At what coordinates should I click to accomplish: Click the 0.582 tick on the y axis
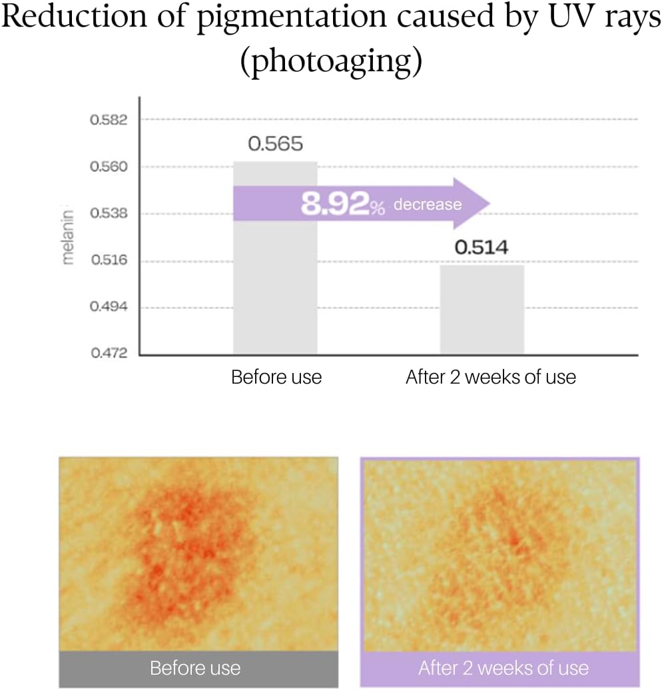tap(108, 120)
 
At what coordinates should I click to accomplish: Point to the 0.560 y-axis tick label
tap(108, 167)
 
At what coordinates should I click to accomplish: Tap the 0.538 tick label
tap(108, 214)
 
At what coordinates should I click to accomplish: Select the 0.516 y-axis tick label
tap(108, 260)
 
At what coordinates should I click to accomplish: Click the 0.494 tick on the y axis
tap(108, 307)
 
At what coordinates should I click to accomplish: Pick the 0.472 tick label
tap(108, 353)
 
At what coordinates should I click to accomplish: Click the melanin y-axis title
tap(67, 237)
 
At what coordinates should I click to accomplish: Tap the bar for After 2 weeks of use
tap(482, 309)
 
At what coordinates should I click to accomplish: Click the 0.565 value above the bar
tap(275, 144)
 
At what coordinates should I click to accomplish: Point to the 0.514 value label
tap(482, 248)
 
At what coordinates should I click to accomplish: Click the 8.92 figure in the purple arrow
tap(335, 204)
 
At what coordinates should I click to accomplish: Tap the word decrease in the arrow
tap(427, 204)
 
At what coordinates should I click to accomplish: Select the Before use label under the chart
tap(276, 378)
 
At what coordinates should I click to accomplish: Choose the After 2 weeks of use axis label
tap(490, 378)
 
